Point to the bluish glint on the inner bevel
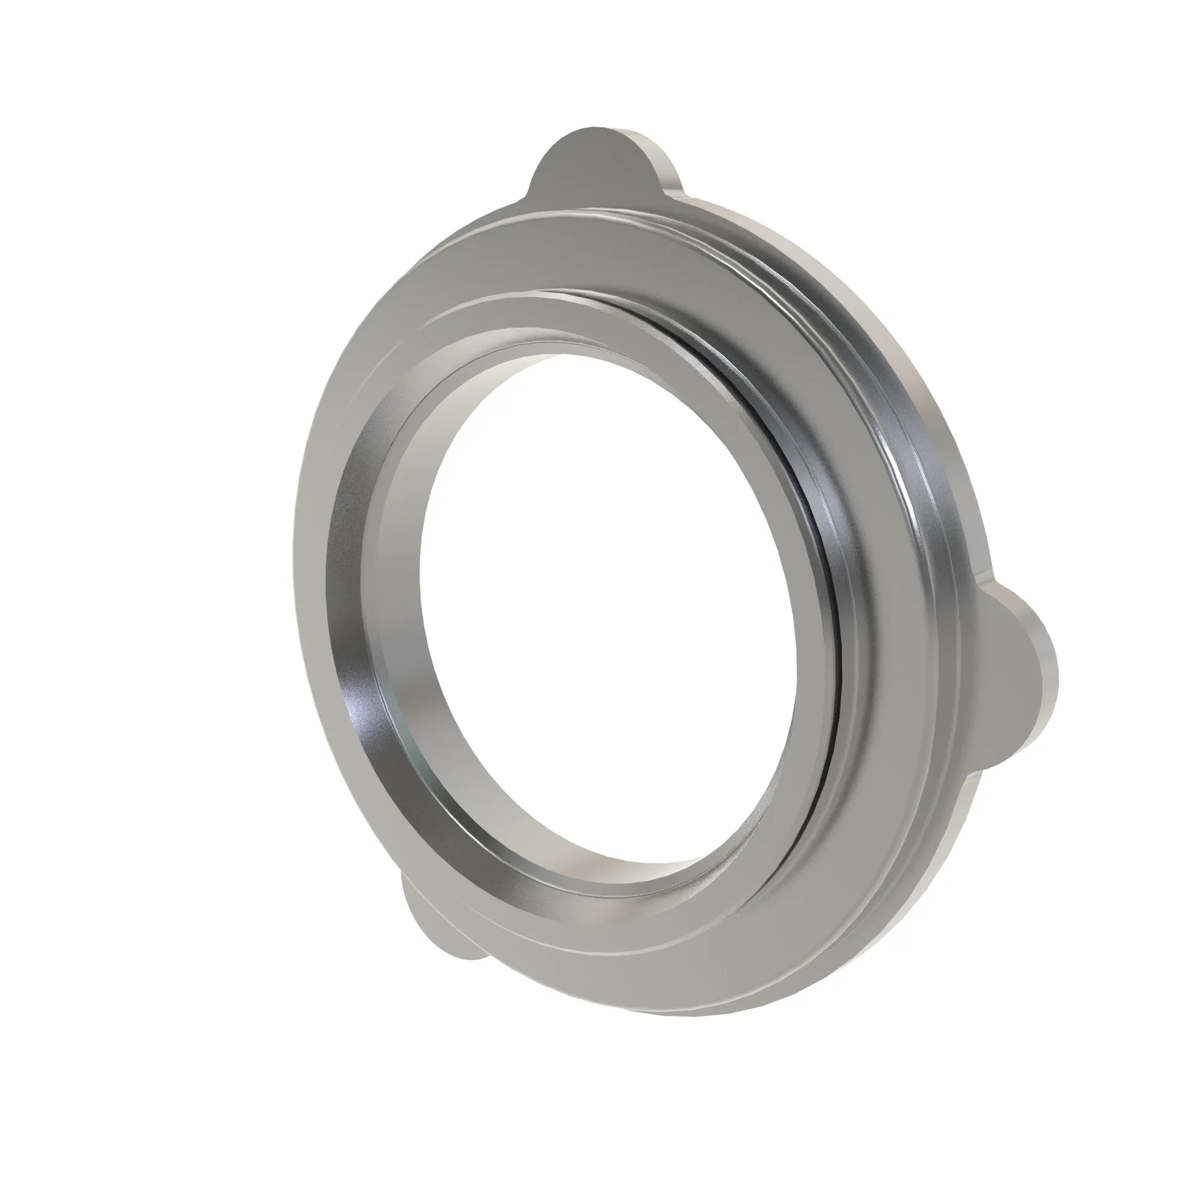point(359,713)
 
